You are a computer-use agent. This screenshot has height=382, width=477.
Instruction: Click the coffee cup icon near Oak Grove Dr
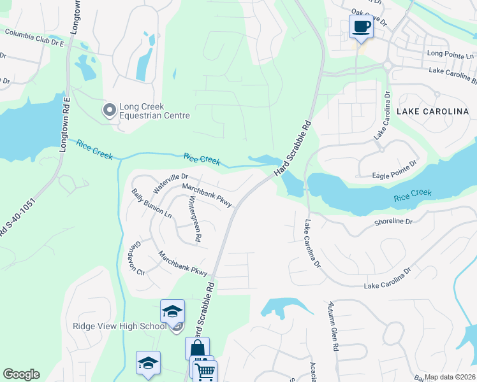pyautogui.click(x=362, y=27)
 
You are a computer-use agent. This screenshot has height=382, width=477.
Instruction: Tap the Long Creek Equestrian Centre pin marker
pyautogui.click(x=109, y=111)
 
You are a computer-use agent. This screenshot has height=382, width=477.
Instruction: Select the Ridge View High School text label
pyautogui.click(x=119, y=327)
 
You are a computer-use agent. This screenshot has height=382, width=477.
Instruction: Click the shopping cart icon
pyautogui.click(x=205, y=371)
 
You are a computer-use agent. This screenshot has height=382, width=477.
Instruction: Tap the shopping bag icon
pyautogui.click(x=197, y=349)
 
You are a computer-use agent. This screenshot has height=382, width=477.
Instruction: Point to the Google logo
pyautogui.click(x=21, y=374)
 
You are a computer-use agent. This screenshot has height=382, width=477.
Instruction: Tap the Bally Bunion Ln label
pyautogui.click(x=143, y=203)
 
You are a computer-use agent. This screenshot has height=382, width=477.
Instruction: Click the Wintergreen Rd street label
pyautogui.click(x=194, y=219)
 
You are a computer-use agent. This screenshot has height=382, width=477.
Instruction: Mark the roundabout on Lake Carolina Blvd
pyautogui.click(x=387, y=65)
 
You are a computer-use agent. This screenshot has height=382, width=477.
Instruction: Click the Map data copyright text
pyautogui.click(x=450, y=377)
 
